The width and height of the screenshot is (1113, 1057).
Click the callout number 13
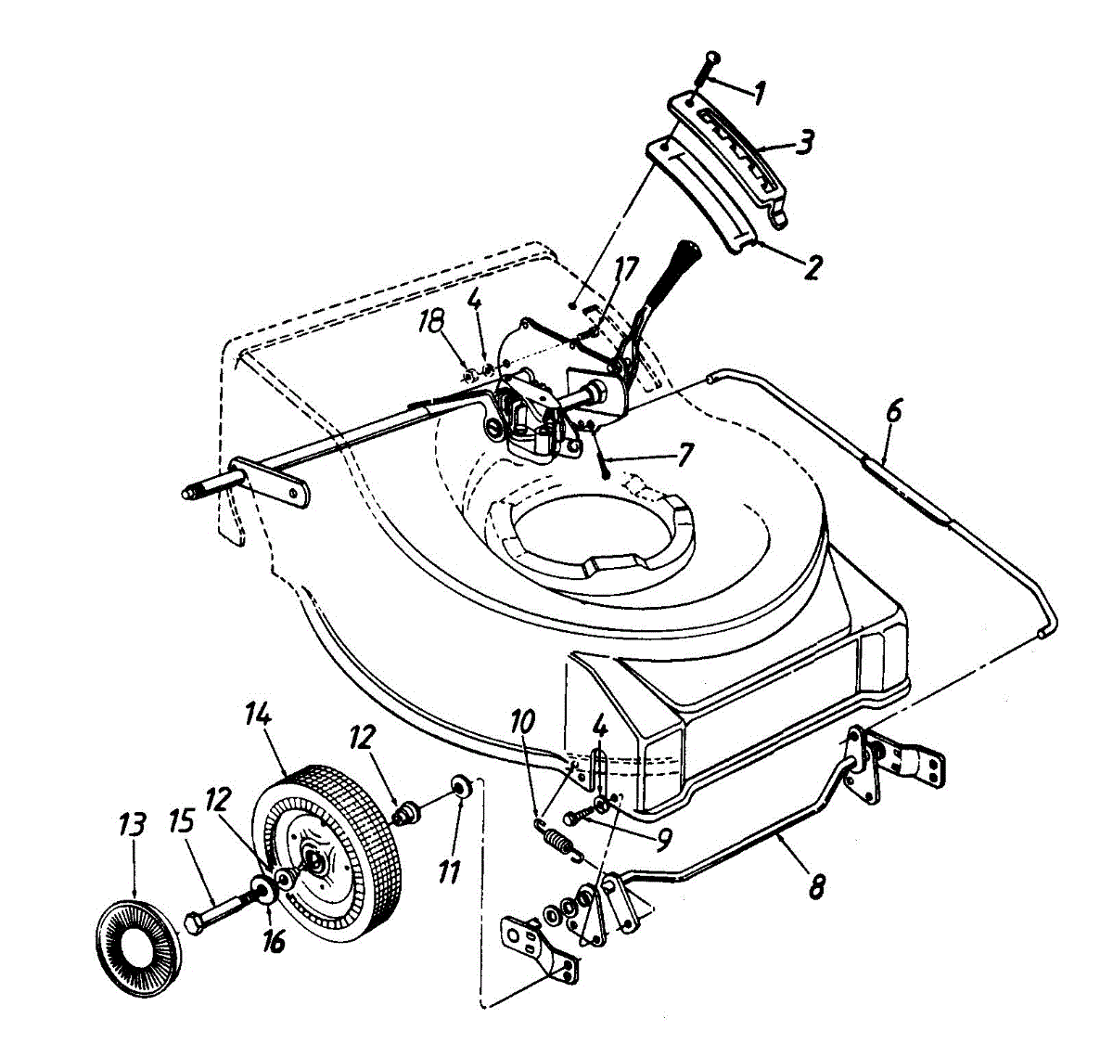point(134,825)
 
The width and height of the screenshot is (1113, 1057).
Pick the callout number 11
point(450,873)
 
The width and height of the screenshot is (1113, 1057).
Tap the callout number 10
point(523,723)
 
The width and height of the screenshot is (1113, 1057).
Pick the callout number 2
point(812,267)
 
